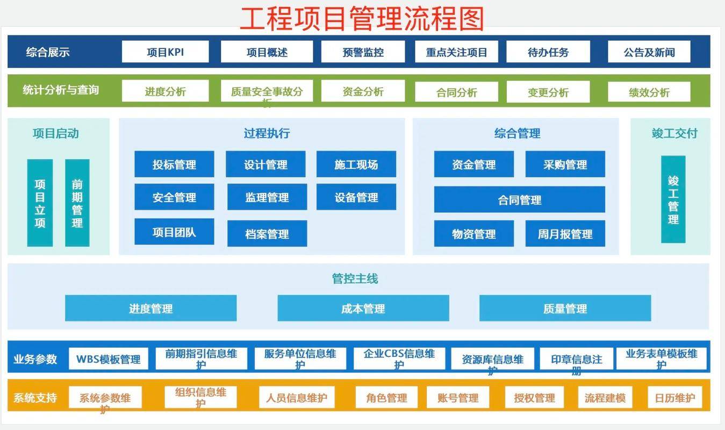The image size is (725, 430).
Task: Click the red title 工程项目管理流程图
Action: point(362,18)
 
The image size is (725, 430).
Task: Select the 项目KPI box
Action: point(165,52)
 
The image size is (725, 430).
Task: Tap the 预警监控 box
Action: point(363,52)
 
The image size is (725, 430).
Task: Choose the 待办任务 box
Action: point(548,52)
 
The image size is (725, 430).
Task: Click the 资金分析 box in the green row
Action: point(363,91)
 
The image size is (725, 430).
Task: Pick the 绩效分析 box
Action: point(649,92)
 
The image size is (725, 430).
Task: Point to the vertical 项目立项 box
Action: point(40,203)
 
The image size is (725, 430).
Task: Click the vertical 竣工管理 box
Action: point(673,199)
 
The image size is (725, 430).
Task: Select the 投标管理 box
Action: point(174,164)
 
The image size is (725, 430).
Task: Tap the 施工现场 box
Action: point(356,164)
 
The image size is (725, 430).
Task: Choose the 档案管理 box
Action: point(267,234)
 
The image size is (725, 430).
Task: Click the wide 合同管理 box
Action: point(519,200)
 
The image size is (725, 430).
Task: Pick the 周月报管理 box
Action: point(565,234)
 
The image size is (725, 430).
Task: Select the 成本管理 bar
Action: point(363,309)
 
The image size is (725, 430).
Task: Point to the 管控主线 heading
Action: point(355,278)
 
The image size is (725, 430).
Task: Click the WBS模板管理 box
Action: point(109,359)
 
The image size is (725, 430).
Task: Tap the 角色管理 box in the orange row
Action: point(386,398)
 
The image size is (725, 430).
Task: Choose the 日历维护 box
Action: point(674,398)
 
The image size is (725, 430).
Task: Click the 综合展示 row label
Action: point(48,52)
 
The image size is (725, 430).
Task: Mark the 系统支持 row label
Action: point(35,398)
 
